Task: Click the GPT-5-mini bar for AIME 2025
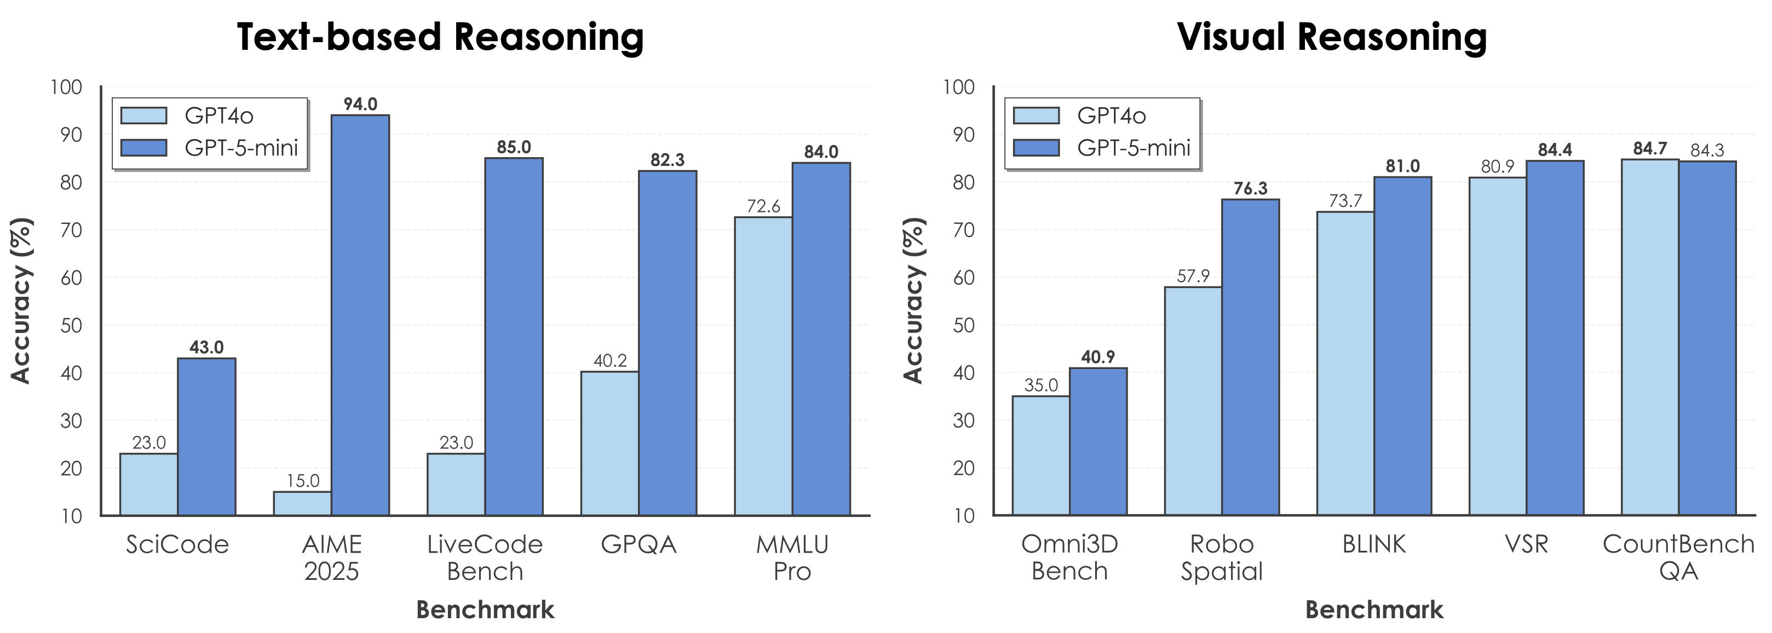click(360, 315)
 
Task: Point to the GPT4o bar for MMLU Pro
click(763, 366)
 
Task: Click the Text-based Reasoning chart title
click(440, 37)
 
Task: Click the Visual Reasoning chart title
click(1332, 37)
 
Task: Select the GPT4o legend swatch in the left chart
click(144, 116)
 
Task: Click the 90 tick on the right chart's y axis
click(964, 135)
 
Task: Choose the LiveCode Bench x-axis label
click(485, 557)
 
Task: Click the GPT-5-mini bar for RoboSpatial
click(1250, 357)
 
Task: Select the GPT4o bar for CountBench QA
click(1649, 337)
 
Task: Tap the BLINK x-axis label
click(1374, 544)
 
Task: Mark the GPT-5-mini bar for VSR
click(1555, 338)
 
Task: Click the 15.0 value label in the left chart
click(303, 481)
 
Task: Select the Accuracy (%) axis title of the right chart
click(913, 300)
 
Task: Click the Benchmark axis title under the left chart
click(485, 609)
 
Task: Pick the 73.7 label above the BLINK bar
click(1345, 201)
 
